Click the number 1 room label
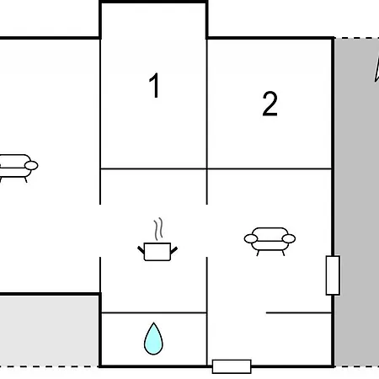coord(154,85)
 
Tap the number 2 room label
coord(270,104)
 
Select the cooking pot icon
coord(157,251)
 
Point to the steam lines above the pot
coord(158,228)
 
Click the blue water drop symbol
coord(153,339)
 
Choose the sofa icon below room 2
coord(270,242)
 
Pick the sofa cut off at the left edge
coord(18,168)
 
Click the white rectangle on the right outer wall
coord(333,275)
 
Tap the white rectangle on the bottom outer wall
coord(232,366)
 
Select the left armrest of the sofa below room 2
coord(251,238)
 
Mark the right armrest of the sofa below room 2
coord(289,238)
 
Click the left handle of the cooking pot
coord(141,250)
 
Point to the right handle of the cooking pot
coord(173,250)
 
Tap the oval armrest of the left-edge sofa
coord(31,166)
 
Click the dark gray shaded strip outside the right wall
coord(356,202)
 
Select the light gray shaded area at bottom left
coord(49,331)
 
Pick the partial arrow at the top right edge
coord(377,69)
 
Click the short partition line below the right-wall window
coord(299,312)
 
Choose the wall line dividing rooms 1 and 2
coord(207,104)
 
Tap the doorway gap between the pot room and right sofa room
coord(207,231)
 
